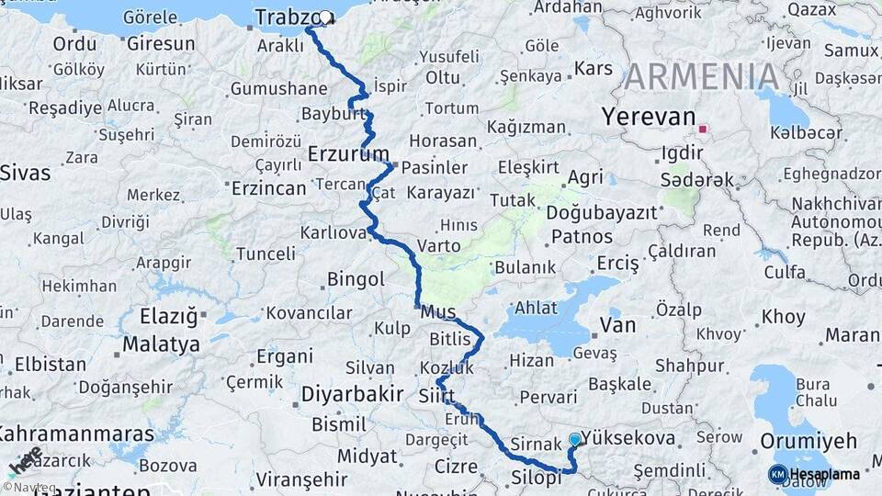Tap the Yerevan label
pos(648,117)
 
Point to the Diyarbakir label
pos(352,394)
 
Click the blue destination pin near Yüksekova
pos(575,440)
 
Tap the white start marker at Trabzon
pos(325,17)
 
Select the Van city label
pos(616,324)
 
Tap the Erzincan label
pos(266,188)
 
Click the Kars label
pos(594,68)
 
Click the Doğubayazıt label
pos(602,212)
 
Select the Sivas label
pos(24,172)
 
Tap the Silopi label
pos(536,478)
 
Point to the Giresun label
pos(160,43)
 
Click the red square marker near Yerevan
pos(704,130)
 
